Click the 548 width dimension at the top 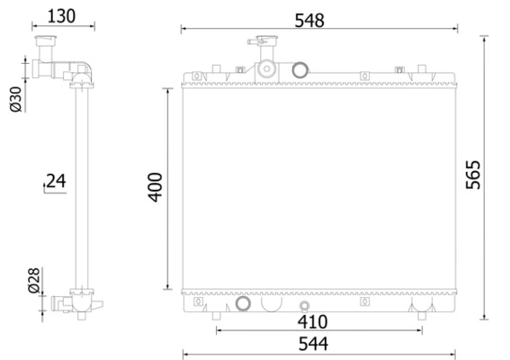click(309, 21)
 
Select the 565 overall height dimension click(473, 175)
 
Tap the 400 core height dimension click(155, 187)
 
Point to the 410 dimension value click(313, 322)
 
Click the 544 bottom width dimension click(314, 344)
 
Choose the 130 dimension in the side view click(61, 16)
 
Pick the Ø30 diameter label click(15, 99)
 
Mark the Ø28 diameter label click(34, 280)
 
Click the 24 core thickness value click(56, 181)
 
